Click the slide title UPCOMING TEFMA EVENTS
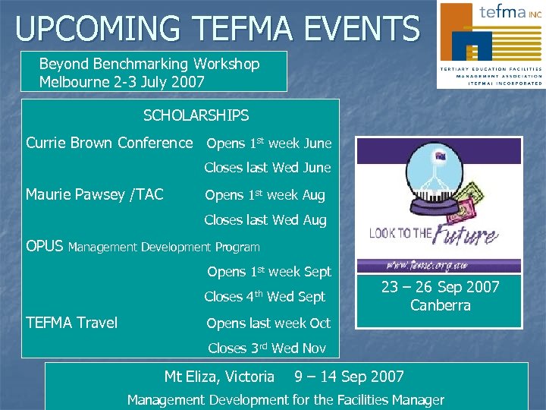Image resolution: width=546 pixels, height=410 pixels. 217,28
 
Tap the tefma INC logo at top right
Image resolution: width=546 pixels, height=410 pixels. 490,44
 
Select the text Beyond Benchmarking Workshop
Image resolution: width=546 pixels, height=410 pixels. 149,64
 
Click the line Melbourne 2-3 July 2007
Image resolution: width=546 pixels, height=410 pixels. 121,82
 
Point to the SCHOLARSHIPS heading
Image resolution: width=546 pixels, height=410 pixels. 196,116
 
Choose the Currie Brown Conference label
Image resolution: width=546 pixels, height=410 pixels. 109,143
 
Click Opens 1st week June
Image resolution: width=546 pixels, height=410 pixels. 268,143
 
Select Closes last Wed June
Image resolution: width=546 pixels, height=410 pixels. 267,168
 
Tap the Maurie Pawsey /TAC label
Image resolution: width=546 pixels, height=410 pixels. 94,195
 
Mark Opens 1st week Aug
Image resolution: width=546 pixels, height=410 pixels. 265,195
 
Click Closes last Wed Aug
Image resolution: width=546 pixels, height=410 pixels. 265,221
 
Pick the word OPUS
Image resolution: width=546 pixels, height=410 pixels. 45,246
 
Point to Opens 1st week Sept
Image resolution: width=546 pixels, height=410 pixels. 268,272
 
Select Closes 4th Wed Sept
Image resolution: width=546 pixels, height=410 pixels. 264,297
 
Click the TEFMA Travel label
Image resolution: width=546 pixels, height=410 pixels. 71,323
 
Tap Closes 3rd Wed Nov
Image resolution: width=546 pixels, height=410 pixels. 266,348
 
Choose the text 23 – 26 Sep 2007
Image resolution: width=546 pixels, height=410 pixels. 440,287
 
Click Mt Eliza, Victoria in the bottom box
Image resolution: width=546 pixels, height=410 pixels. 219,377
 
